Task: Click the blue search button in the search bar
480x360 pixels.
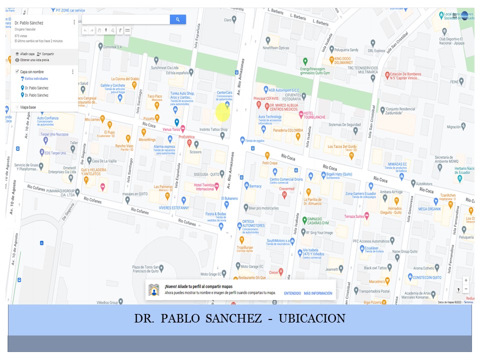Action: pyautogui.click(x=177, y=19)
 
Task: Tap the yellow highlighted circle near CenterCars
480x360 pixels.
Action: pyautogui.click(x=222, y=113)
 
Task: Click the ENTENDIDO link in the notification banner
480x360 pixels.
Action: pyautogui.click(x=292, y=293)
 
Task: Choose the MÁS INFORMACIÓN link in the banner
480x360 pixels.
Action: pyautogui.click(x=318, y=293)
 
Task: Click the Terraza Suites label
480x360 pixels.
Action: pyautogui.click(x=353, y=216)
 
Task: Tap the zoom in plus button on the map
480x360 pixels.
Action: pyautogui.click(x=466, y=280)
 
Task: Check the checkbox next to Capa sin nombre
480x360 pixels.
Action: pyautogui.click(x=17, y=71)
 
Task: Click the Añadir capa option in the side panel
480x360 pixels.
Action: pyautogui.click(x=27, y=53)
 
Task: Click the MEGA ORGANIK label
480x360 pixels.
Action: pyautogui.click(x=429, y=208)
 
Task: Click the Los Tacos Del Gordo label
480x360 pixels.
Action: pyautogui.click(x=342, y=146)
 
